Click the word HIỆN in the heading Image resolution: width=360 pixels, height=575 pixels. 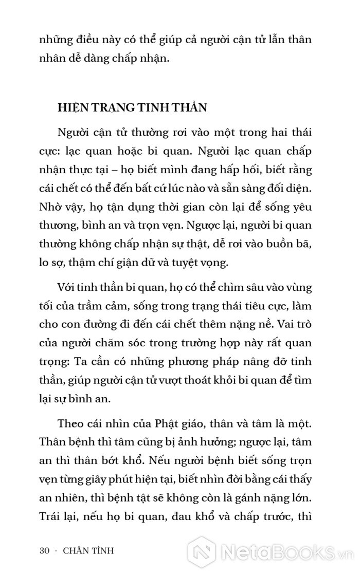click(71, 108)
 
